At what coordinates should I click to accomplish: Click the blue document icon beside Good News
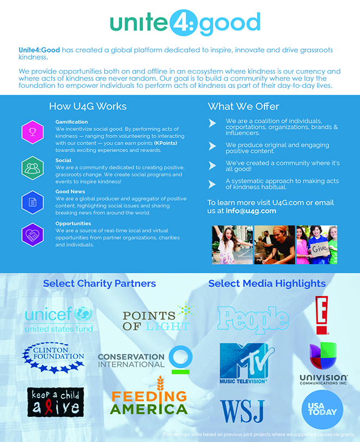pyautogui.click(x=32, y=201)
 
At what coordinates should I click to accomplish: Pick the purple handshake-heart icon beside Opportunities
pyautogui.click(x=32, y=235)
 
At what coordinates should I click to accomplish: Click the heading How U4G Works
pyautogui.click(x=88, y=106)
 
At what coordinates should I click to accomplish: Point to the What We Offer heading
pyautogui.click(x=243, y=106)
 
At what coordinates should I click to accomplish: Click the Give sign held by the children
pyautogui.click(x=319, y=248)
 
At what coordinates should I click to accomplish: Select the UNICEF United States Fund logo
pyautogui.click(x=59, y=319)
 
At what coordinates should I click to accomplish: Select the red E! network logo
pyautogui.click(x=323, y=315)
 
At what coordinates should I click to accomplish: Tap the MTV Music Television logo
pyautogui.click(x=244, y=363)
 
